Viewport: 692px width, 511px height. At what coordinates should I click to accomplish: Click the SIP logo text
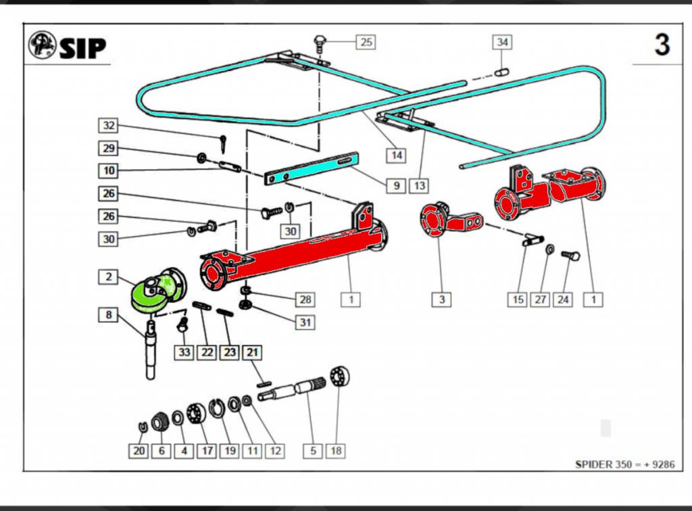[x=82, y=47]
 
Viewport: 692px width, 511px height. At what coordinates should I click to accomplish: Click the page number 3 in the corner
[x=662, y=45]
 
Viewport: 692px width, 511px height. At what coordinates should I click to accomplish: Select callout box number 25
[x=366, y=42]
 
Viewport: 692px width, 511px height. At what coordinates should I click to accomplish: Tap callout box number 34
[x=502, y=42]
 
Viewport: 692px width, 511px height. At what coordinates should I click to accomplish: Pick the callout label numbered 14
[x=397, y=155]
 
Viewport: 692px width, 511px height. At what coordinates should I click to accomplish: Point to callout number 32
[x=108, y=125]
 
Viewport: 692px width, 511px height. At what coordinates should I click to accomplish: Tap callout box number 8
[x=108, y=314]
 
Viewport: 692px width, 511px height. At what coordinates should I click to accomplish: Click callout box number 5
[x=312, y=450]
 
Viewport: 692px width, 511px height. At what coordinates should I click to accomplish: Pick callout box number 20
[x=139, y=450]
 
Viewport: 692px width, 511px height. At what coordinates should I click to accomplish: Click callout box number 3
[x=441, y=299]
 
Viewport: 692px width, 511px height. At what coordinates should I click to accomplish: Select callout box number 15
[x=518, y=299]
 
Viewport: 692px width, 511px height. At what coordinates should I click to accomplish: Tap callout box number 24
[x=563, y=299]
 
